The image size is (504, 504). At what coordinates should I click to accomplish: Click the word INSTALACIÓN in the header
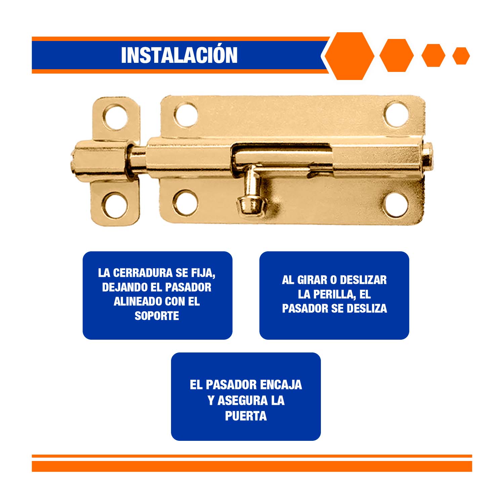coord(179,55)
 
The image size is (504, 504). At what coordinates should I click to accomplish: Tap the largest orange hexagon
coord(349,56)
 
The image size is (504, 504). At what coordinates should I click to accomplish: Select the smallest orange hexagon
coord(461,56)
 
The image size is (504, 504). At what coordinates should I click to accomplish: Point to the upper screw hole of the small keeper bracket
coord(115,117)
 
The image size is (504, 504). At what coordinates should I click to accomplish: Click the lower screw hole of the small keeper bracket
coord(115,205)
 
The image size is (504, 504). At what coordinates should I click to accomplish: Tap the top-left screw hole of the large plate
coord(186,115)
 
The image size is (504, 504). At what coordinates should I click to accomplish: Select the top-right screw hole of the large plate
coord(397,114)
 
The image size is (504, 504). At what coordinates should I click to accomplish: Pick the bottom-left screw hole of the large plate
coord(185,202)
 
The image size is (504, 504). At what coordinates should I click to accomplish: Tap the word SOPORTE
coord(157,316)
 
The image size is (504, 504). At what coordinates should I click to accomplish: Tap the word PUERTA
coord(246,416)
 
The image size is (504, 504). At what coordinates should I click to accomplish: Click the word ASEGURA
coord(242,401)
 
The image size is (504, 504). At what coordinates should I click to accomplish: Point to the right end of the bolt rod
coord(430,157)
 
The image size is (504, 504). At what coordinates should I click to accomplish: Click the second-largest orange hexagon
coord(396,55)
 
